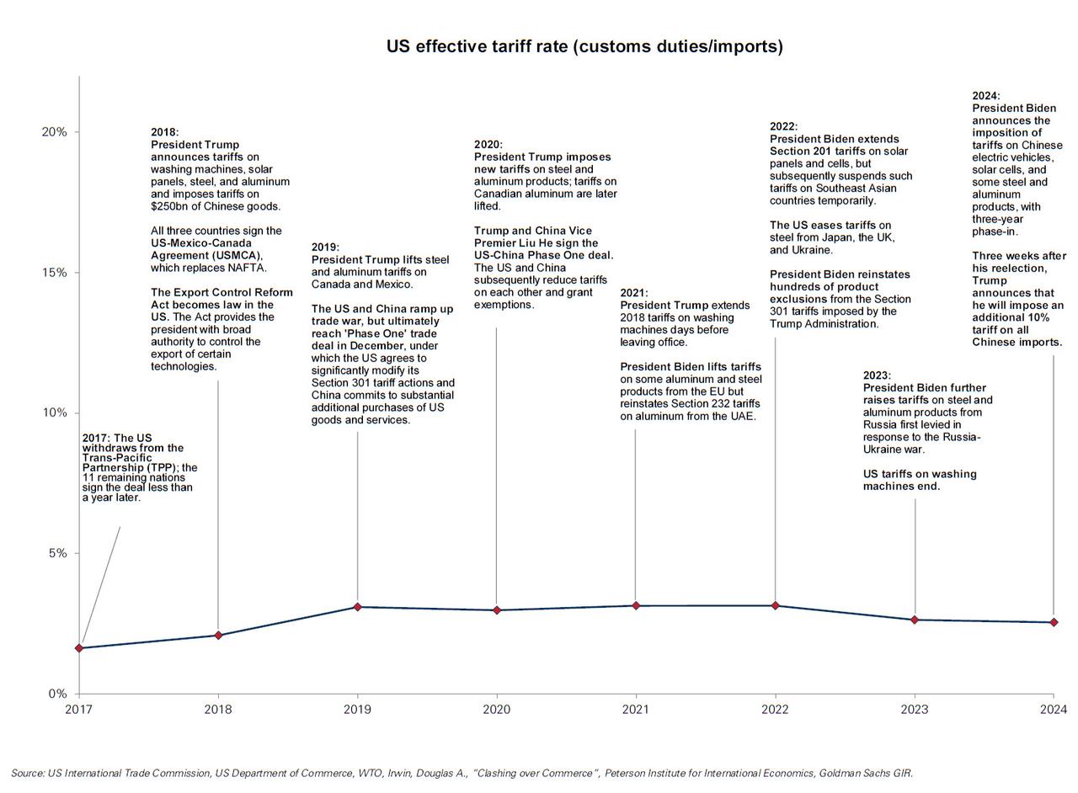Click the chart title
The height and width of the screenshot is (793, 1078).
[x=584, y=46]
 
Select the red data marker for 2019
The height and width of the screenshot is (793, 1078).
[x=358, y=607]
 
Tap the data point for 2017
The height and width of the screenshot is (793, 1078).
[x=79, y=648]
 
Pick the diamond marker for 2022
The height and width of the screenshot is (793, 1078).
[x=776, y=606]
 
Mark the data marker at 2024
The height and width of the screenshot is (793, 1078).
[x=1054, y=622]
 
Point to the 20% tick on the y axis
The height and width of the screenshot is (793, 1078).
[x=54, y=132]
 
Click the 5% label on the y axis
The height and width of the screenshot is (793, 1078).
[x=56, y=553]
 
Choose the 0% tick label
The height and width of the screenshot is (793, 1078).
[x=56, y=694]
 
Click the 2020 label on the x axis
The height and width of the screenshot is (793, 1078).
[x=496, y=710]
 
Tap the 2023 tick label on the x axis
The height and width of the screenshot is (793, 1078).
[x=915, y=710]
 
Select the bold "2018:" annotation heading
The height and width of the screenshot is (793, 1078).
[x=165, y=132]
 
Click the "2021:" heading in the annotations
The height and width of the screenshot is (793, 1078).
[x=634, y=293]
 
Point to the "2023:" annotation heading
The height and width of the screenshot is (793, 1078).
[x=877, y=375]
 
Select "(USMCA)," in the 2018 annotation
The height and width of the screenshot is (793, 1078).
[x=239, y=255]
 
